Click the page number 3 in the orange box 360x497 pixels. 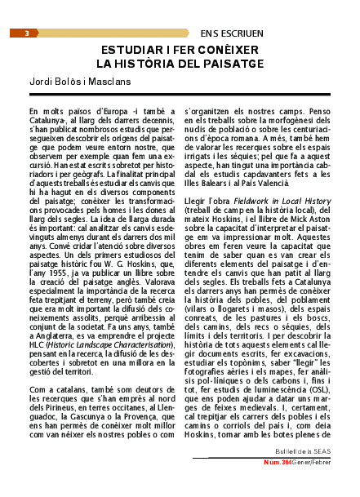27,33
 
